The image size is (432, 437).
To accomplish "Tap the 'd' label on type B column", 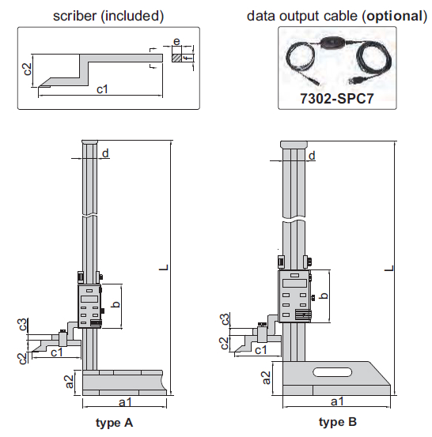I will tap(313, 156).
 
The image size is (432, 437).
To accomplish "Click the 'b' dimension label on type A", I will tap(116, 305).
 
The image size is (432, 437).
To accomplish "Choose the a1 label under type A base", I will tap(124, 402).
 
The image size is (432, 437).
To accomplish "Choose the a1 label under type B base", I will tap(336, 402).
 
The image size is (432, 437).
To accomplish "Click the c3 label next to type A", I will tap(25, 325).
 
